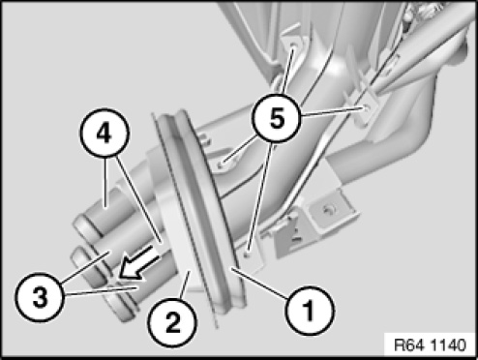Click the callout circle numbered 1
click(310, 310)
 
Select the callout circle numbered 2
click(172, 322)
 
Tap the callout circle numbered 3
click(40, 297)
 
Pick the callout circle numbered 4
click(105, 133)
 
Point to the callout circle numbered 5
click(277, 118)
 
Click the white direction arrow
click(139, 262)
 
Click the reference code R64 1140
click(431, 345)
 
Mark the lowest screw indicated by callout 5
click(247, 255)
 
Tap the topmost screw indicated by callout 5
click(293, 48)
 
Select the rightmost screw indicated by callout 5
click(366, 107)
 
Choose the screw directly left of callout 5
click(223, 163)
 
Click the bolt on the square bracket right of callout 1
click(329, 210)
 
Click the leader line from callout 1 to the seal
click(259, 281)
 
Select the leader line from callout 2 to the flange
click(185, 285)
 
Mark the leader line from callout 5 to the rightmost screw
click(332, 111)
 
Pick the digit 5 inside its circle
click(278, 118)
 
